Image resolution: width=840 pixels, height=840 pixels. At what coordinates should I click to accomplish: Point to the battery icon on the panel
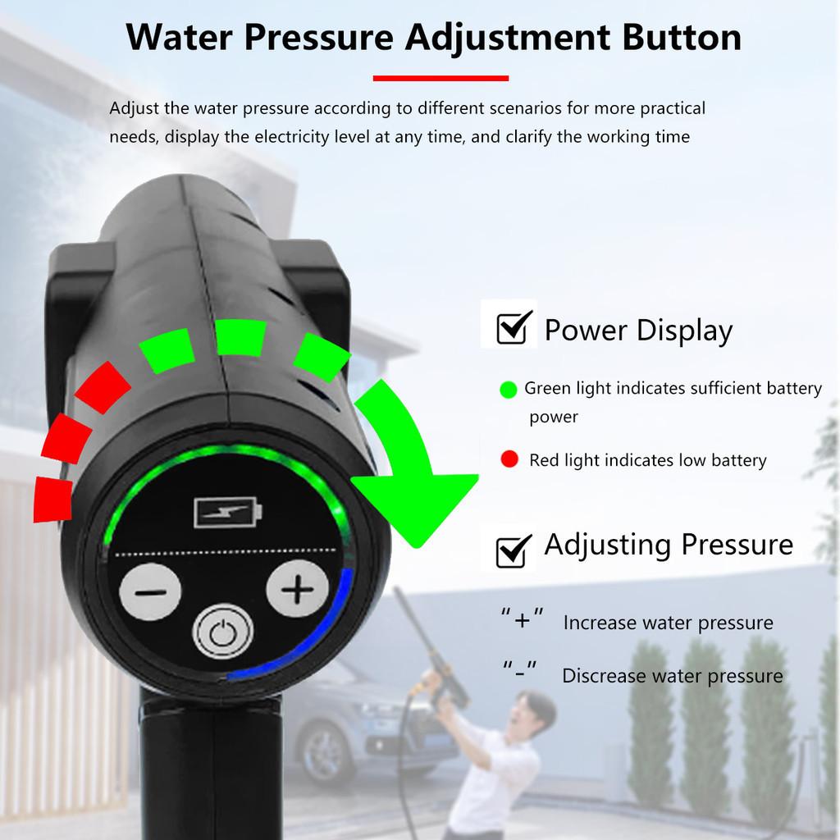pyautogui.click(x=228, y=514)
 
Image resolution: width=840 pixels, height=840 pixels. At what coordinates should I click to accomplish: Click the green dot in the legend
pyautogui.click(x=509, y=390)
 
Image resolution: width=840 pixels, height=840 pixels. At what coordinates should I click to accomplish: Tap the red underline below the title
pyautogui.click(x=441, y=79)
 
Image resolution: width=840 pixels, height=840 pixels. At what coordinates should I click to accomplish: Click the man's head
pyautogui.click(x=536, y=712)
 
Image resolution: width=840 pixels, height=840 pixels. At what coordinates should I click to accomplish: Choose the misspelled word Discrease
pyautogui.click(x=601, y=676)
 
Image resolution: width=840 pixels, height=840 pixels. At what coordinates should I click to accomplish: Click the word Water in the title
pyautogui.click(x=182, y=38)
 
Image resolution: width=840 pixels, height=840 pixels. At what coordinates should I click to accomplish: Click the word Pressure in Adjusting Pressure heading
pyautogui.click(x=742, y=545)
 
